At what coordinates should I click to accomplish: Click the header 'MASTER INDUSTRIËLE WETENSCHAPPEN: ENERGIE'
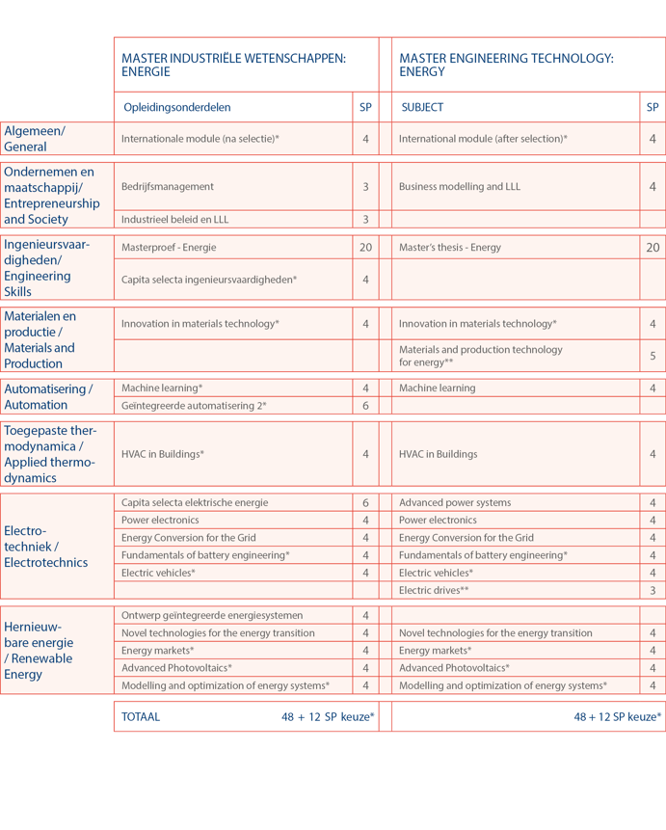pos(233,65)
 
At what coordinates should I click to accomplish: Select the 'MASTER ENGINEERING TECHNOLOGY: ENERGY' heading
pos(506,65)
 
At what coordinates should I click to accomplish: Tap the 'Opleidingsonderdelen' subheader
pos(177,107)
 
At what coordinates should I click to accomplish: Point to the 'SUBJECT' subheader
pos(421,107)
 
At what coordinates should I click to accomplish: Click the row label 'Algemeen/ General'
pos(35,139)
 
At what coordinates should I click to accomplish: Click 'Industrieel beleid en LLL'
pos(175,220)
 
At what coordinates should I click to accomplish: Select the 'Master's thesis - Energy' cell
pos(450,248)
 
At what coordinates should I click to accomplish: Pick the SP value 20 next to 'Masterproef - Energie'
pos(365,248)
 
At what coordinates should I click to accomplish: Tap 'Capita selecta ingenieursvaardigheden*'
pos(209,280)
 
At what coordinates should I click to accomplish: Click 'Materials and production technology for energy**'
pos(480,356)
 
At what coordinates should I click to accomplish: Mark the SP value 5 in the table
pos(653,356)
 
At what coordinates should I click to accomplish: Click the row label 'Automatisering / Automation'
pos(48,397)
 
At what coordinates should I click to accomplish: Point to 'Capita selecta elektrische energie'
pos(195,502)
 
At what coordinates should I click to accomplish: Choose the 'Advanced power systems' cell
pos(455,502)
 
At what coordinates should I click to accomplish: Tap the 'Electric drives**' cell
pos(434,590)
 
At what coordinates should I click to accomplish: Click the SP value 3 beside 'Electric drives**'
pos(653,590)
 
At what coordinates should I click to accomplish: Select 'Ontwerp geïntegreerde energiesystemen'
pos(212,615)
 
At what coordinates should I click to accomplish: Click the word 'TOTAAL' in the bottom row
pos(141,717)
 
